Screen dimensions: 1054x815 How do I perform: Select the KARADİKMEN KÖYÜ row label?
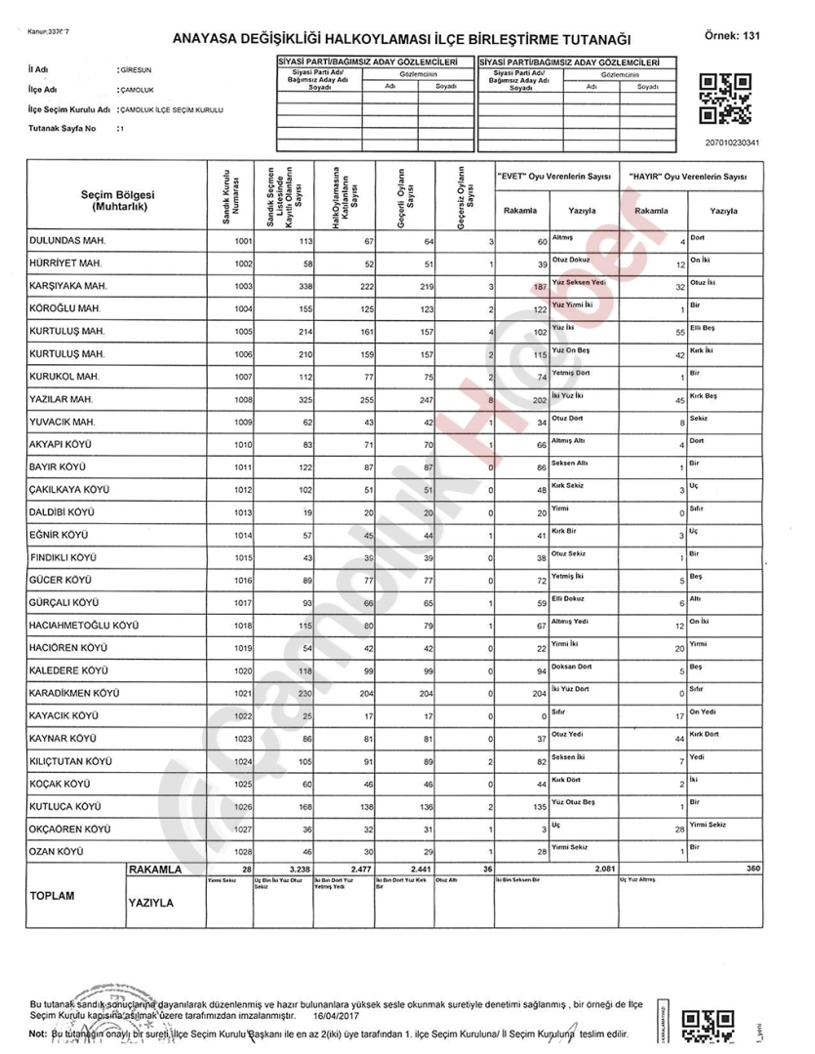click(x=74, y=692)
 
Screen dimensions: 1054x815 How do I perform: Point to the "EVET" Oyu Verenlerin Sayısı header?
click(x=553, y=176)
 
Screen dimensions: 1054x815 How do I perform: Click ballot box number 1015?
click(x=242, y=556)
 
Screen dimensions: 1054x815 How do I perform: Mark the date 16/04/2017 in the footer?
click(x=336, y=1016)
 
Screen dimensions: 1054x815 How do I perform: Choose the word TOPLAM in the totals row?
click(x=57, y=893)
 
